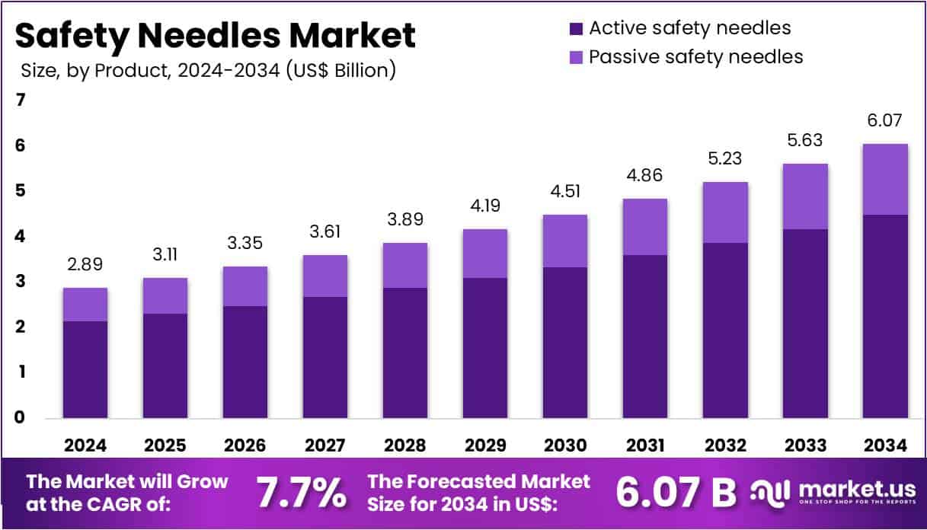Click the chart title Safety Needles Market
coord(215,35)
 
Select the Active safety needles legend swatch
coord(576,29)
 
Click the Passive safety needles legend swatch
coord(576,57)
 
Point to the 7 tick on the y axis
coord(21,100)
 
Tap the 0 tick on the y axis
coord(21,417)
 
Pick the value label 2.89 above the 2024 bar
coord(85,265)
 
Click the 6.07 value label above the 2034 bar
coord(884,120)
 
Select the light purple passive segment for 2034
coord(884,179)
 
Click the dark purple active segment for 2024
coord(85,369)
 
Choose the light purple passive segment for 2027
coord(324,276)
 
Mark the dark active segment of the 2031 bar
coord(644,336)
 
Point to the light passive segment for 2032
coord(724,212)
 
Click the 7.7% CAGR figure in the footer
coord(300,492)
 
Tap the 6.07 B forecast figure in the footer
coord(675,492)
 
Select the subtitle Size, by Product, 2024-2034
coord(207,71)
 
